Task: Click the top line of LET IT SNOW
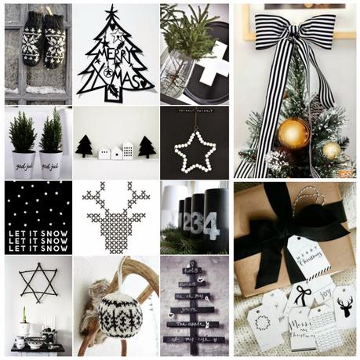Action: coord(38,233)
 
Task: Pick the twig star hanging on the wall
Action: coord(37,282)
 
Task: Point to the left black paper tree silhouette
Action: coord(84,146)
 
